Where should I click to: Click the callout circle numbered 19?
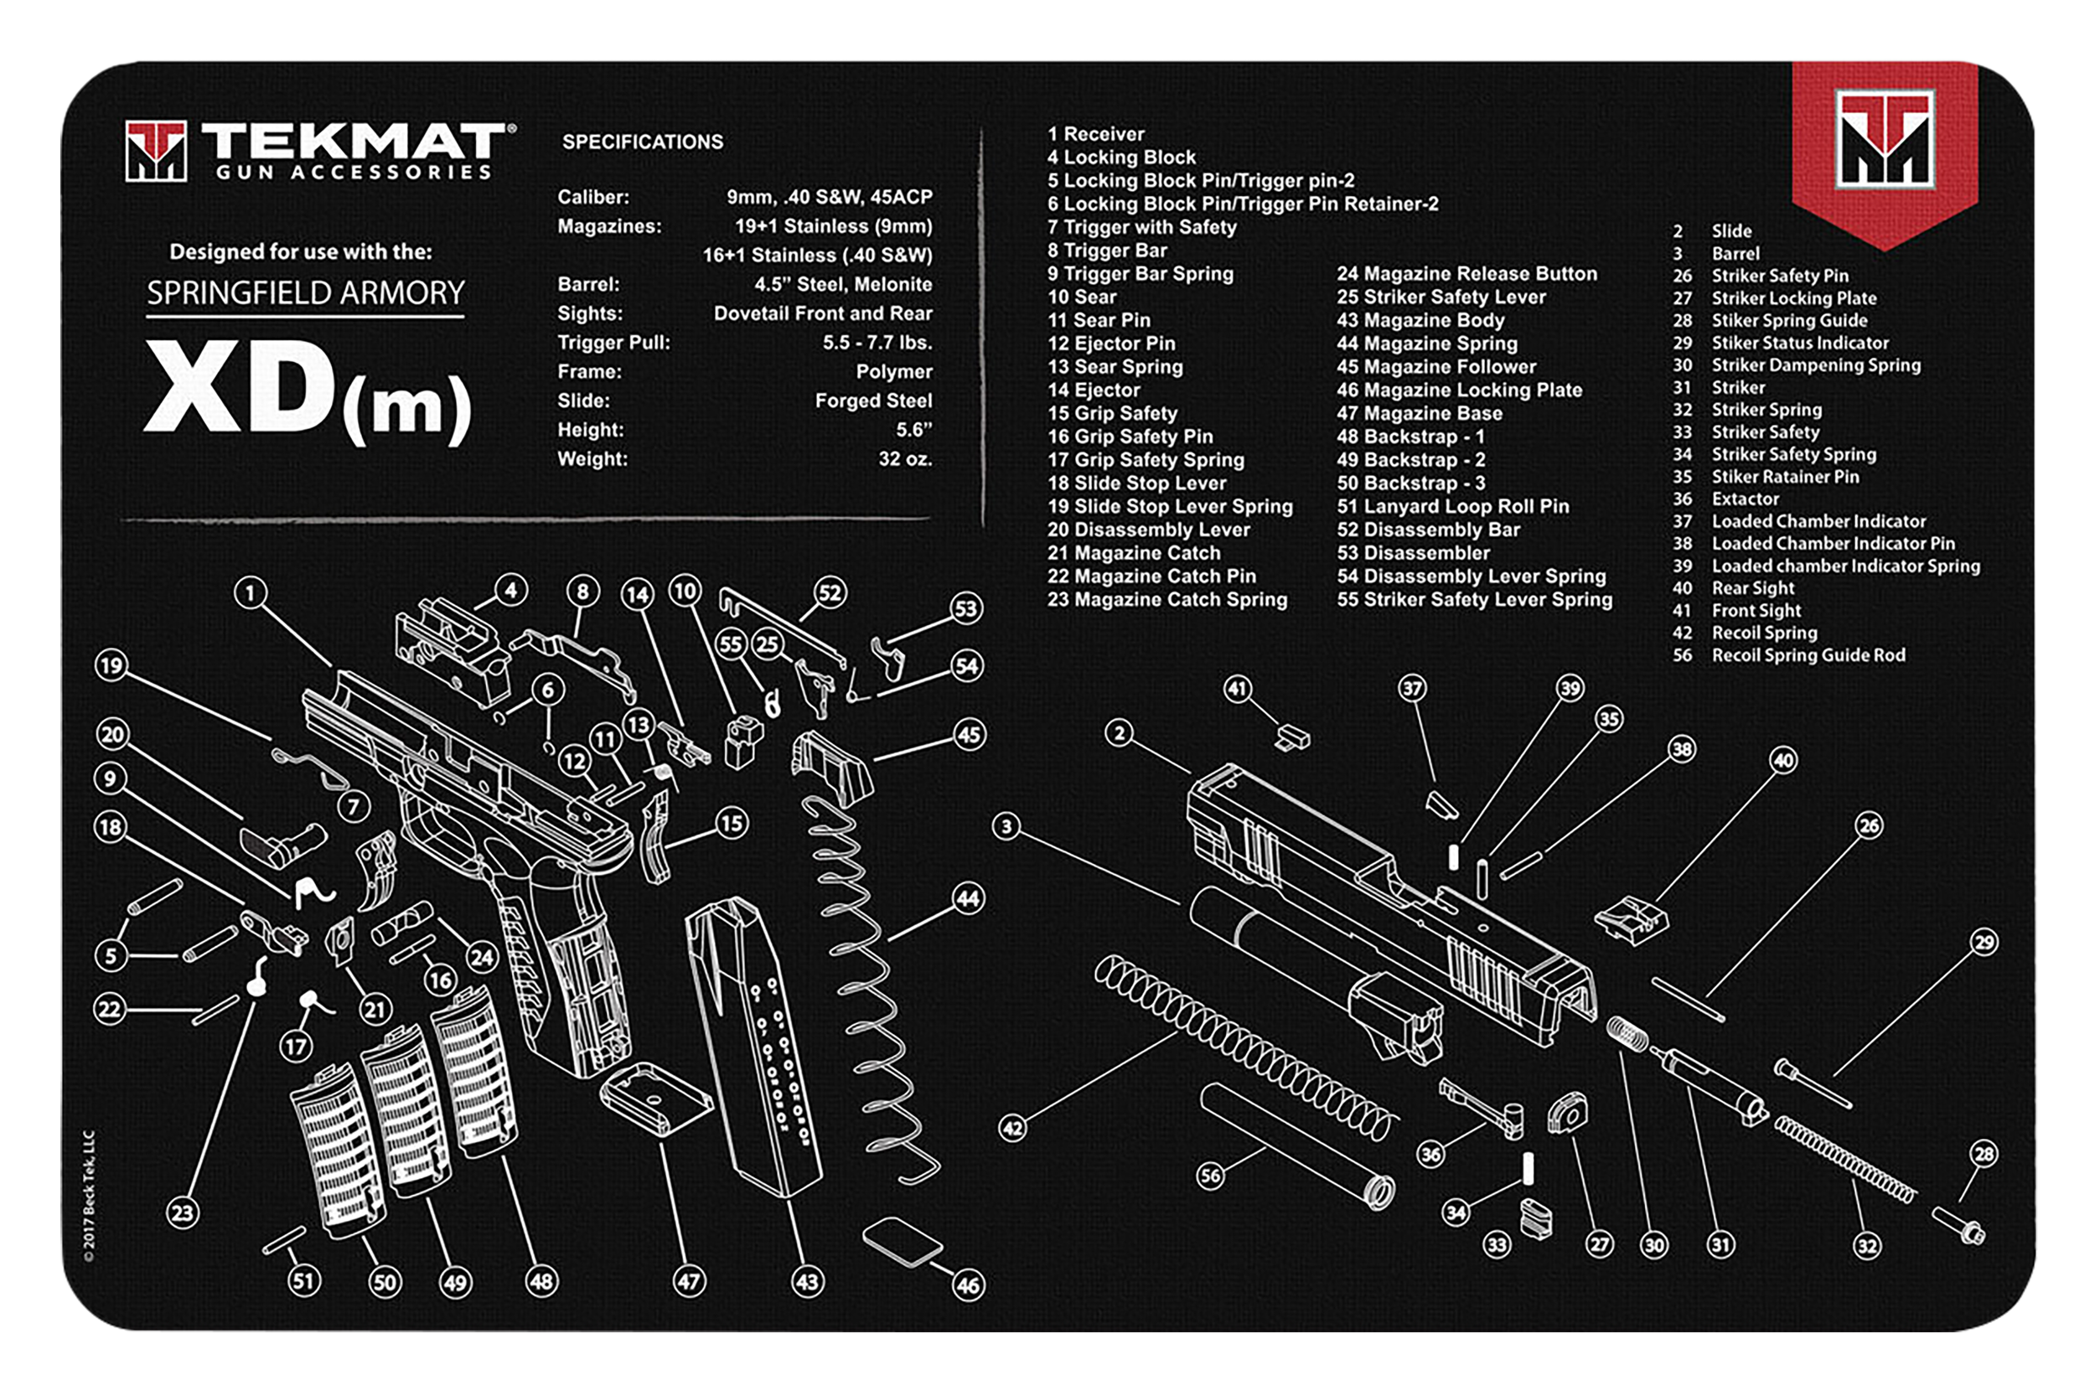111,666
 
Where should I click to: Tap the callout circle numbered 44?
968,898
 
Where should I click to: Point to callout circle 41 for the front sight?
1238,688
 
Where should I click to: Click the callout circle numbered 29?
1984,942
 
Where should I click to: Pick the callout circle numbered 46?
968,1285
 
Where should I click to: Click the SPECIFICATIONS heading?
642,142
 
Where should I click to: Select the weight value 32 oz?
904,458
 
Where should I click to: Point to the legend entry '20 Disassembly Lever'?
1148,530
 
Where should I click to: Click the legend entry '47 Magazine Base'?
1419,413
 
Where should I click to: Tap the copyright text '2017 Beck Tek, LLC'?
89,1196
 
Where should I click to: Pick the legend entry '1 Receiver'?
1095,133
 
